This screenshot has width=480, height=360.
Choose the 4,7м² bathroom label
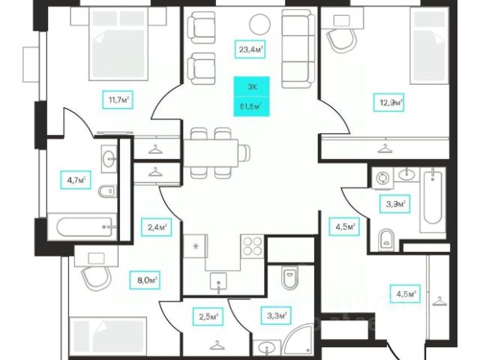coord(75,179)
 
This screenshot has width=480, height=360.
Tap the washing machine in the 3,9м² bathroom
coord(382,178)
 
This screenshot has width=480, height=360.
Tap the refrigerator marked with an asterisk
coord(196,247)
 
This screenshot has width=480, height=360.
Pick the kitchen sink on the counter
coord(218,283)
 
